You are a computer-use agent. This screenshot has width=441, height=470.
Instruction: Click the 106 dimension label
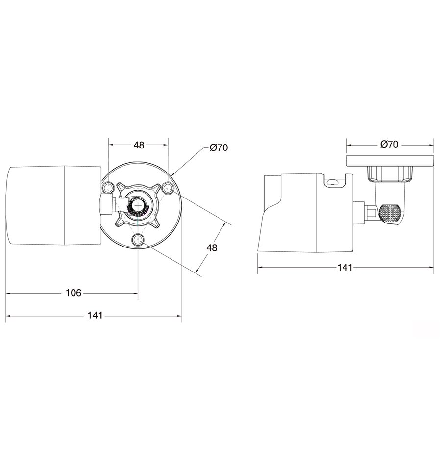point(73,293)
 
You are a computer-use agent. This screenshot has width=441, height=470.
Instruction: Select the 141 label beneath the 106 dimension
point(95,315)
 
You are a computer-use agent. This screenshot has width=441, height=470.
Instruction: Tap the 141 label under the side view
point(345,268)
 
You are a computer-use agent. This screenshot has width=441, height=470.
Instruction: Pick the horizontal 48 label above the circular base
point(139,145)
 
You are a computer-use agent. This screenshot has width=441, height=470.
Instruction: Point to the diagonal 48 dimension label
point(212,247)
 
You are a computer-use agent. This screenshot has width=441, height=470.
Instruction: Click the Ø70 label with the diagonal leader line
point(219,148)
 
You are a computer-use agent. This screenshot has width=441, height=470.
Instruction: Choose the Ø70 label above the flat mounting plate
point(389,144)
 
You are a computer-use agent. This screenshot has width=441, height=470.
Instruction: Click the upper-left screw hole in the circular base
point(107,188)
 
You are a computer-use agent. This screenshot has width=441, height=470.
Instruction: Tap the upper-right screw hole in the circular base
point(168,189)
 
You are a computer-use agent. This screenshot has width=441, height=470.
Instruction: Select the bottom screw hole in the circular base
point(138,240)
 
